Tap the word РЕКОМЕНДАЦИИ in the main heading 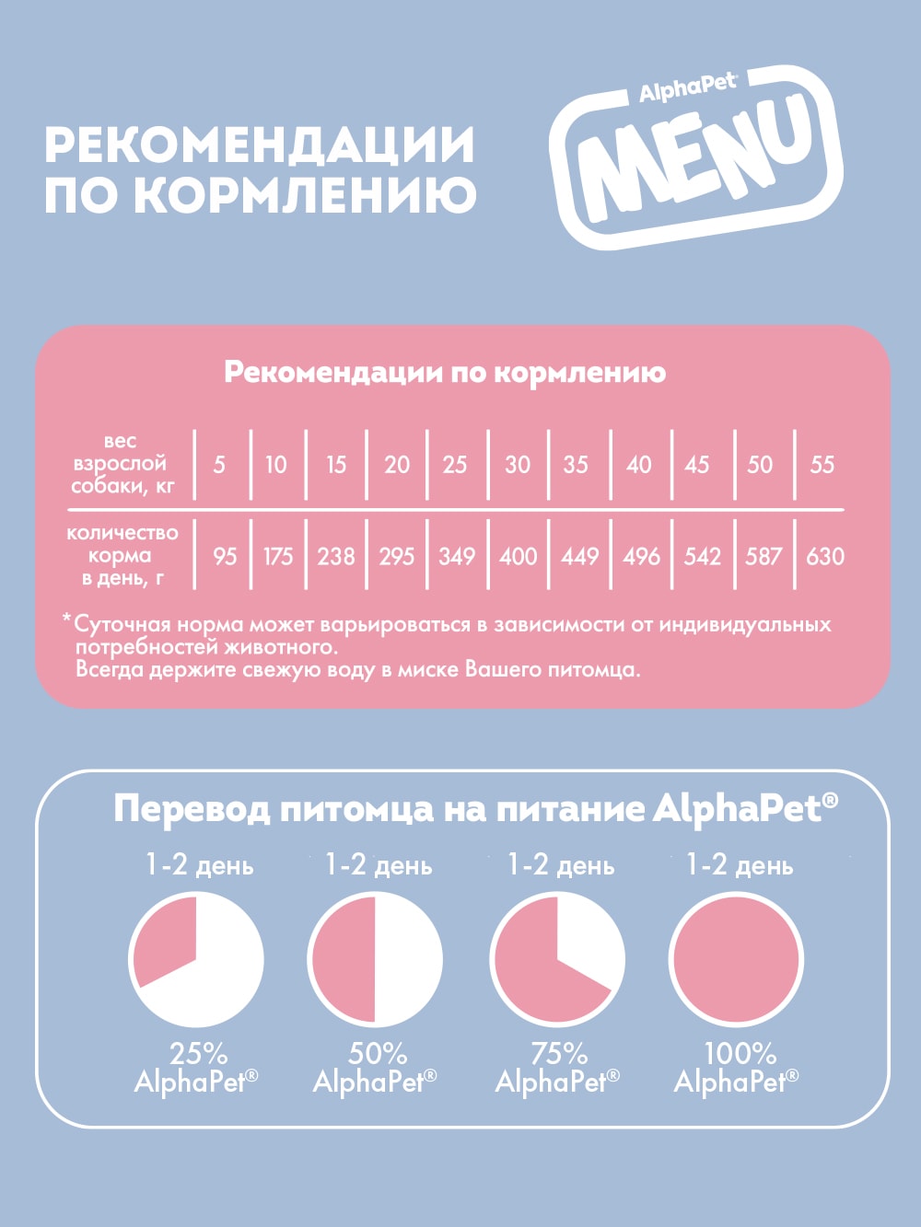click(260, 145)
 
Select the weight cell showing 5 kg click(219, 464)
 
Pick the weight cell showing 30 click(518, 464)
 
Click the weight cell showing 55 click(822, 464)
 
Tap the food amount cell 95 click(225, 556)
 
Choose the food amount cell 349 click(457, 556)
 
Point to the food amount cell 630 click(824, 556)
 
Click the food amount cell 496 click(641, 556)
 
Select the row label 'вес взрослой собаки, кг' click(121, 464)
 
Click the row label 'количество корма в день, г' click(122, 555)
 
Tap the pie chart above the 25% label click(196, 960)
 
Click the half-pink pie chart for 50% click(375, 960)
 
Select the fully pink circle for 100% click(736, 960)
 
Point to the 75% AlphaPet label click(558, 1068)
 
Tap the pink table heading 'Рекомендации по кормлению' click(445, 373)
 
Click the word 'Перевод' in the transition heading click(192, 809)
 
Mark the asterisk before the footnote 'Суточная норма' click(66, 620)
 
